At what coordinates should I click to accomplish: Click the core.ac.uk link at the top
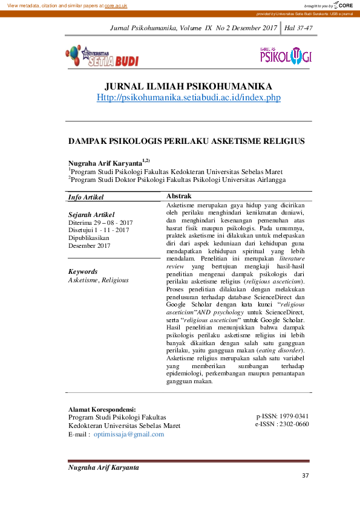pyautogui.click(x=116, y=5)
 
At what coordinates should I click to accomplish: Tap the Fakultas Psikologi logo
pyautogui.click(x=285, y=56)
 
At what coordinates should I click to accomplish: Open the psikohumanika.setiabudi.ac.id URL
pyautogui.click(x=189, y=97)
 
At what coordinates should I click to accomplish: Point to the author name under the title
pyautogui.click(x=105, y=163)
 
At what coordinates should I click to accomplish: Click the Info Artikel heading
pyautogui.click(x=86, y=197)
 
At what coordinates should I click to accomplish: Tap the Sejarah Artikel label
pyautogui.click(x=91, y=215)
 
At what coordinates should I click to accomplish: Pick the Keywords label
pyautogui.click(x=83, y=272)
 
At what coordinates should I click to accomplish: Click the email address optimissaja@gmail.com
pyautogui.click(x=128, y=434)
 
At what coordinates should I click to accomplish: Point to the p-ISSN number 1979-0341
pyautogui.click(x=295, y=417)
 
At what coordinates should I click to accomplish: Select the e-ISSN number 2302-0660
pyautogui.click(x=295, y=424)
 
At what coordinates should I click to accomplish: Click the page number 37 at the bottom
pyautogui.click(x=305, y=476)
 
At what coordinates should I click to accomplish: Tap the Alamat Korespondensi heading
pyautogui.click(x=102, y=409)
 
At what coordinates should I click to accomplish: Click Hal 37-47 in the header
pyautogui.click(x=298, y=28)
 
